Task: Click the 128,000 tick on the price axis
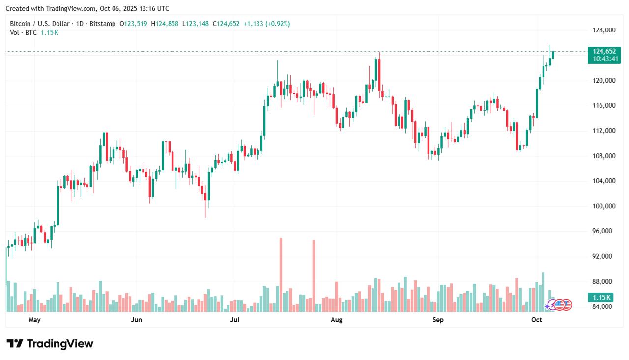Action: (x=604, y=30)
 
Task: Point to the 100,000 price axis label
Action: (x=604, y=206)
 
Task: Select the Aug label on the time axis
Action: (x=337, y=320)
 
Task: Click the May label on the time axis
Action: (x=34, y=320)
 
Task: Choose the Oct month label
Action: (x=537, y=320)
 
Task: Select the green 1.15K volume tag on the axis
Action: (x=601, y=297)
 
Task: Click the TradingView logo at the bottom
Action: (x=50, y=344)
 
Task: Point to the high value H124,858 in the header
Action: (x=165, y=24)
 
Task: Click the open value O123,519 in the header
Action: (x=133, y=24)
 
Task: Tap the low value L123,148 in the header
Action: (x=195, y=24)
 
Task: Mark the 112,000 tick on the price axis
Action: (x=604, y=131)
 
